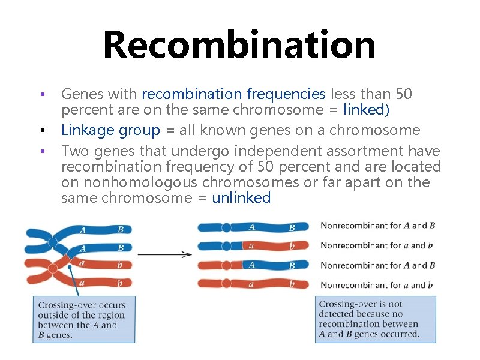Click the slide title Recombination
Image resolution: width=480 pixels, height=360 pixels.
point(239,44)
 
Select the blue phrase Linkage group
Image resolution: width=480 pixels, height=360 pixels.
point(110,130)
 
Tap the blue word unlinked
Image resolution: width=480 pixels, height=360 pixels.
point(241,198)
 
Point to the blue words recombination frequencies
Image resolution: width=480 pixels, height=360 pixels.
point(233,94)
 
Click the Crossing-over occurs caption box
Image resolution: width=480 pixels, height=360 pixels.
point(83,320)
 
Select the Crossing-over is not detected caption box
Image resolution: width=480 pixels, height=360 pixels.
point(375,320)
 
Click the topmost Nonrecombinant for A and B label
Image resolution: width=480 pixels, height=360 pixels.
point(377,226)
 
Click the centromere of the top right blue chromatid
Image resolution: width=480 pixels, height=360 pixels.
point(226,227)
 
